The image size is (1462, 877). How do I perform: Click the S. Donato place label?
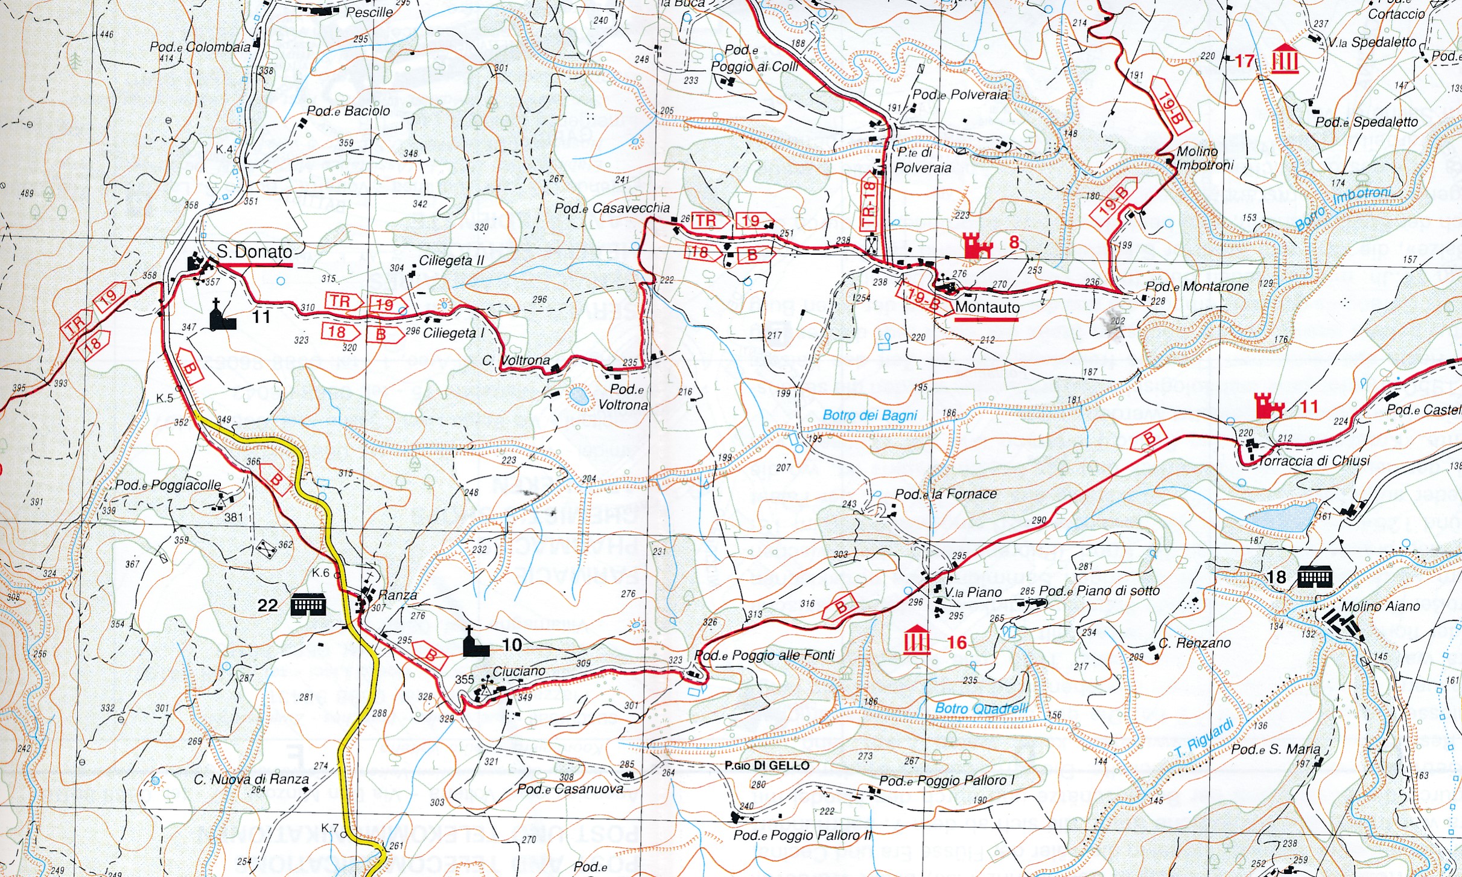pyautogui.click(x=254, y=252)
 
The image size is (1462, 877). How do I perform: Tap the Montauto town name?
pyautogui.click(x=987, y=308)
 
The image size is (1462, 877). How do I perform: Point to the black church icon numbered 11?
pyautogui.click(x=222, y=315)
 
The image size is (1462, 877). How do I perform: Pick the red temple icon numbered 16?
pyautogui.click(x=917, y=640)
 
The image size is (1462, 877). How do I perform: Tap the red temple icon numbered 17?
pyautogui.click(x=1285, y=59)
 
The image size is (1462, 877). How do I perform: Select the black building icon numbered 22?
pyautogui.click(x=308, y=604)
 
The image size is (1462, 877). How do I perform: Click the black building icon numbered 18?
pyautogui.click(x=1314, y=577)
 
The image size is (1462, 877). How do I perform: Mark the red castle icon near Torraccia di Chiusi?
pyautogui.click(x=1269, y=406)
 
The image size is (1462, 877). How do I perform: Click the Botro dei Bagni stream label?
pyautogui.click(x=869, y=415)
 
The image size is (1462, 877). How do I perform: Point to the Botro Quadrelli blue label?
pyautogui.click(x=981, y=708)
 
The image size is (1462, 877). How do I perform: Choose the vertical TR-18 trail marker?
pyautogui.click(x=869, y=206)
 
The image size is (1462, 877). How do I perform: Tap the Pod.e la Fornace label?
pyautogui.click(x=946, y=494)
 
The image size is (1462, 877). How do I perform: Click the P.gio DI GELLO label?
pyautogui.click(x=767, y=765)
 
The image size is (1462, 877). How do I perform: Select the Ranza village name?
pyautogui.click(x=397, y=595)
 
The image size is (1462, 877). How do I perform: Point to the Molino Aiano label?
pyautogui.click(x=1381, y=607)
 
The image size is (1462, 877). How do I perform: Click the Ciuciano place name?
pyautogui.click(x=518, y=671)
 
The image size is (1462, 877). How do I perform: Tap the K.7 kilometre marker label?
pyautogui.click(x=329, y=828)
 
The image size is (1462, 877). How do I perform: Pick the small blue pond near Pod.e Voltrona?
pyautogui.click(x=578, y=397)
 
